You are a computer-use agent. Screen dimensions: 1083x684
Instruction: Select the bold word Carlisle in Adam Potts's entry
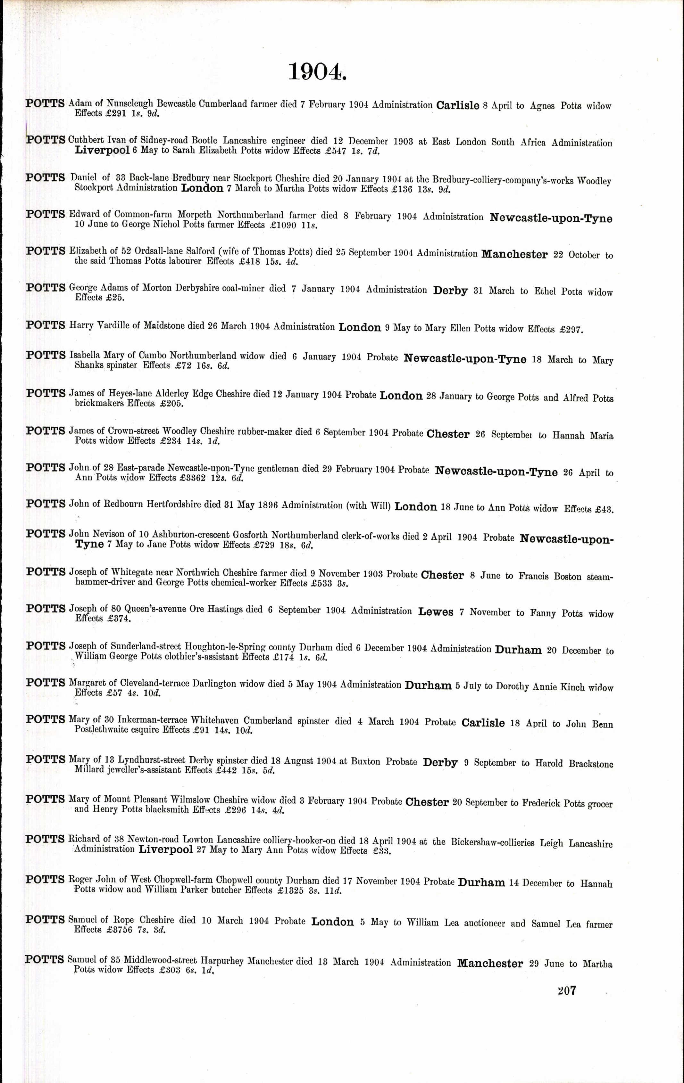click(458, 106)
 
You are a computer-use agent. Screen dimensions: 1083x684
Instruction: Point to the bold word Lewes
click(436, 612)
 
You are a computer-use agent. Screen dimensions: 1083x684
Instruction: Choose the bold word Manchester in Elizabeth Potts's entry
click(514, 254)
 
